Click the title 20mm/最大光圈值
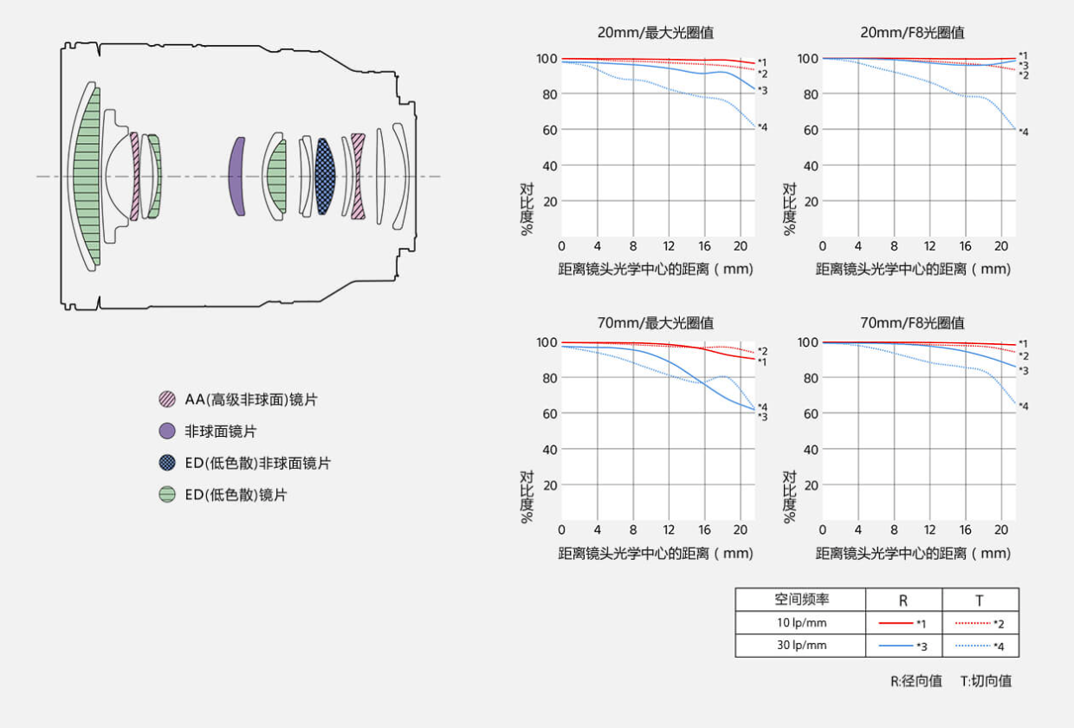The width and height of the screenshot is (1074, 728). [656, 33]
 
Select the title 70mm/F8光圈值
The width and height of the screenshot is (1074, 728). [912, 323]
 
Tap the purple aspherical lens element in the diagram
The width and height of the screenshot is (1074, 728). [236, 176]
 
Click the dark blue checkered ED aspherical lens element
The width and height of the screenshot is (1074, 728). [326, 176]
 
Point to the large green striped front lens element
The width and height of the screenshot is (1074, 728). [87, 176]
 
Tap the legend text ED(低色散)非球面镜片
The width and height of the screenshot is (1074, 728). [257, 463]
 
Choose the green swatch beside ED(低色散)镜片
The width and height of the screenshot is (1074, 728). [167, 495]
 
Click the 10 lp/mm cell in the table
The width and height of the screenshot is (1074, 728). [800, 623]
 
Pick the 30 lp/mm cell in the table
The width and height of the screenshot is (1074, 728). [800, 646]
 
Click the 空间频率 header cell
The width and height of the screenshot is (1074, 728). [800, 600]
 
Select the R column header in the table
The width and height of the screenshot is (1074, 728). [903, 600]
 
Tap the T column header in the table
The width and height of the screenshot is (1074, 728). [980, 600]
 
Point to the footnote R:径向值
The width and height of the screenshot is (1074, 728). [916, 681]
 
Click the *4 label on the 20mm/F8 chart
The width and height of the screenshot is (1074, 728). [1023, 132]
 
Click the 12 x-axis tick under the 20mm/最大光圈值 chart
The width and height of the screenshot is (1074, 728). [669, 246]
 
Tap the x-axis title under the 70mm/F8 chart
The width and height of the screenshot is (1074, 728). [913, 553]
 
